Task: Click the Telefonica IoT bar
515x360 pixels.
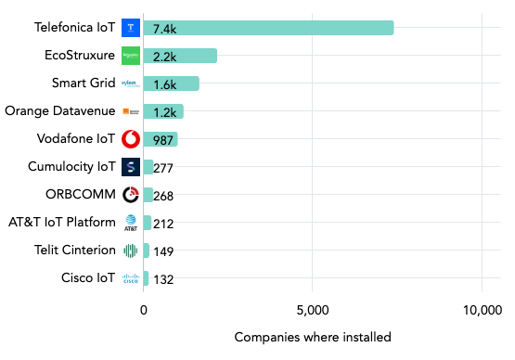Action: (x=269, y=28)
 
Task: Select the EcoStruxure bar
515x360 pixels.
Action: (x=181, y=56)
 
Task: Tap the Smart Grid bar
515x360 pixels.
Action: (x=172, y=84)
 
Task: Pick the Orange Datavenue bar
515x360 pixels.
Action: (x=163, y=111)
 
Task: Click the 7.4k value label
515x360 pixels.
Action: (x=166, y=29)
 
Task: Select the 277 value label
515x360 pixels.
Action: (x=165, y=168)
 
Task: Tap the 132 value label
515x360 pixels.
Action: (x=162, y=279)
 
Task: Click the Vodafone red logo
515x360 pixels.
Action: (x=131, y=139)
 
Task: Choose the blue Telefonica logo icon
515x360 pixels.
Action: (x=131, y=28)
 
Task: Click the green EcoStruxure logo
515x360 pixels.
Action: (x=131, y=56)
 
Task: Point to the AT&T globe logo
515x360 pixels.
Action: (x=131, y=223)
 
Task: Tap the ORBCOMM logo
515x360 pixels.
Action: (x=131, y=195)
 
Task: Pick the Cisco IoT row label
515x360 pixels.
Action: (x=89, y=278)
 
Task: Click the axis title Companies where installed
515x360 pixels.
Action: (x=313, y=337)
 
